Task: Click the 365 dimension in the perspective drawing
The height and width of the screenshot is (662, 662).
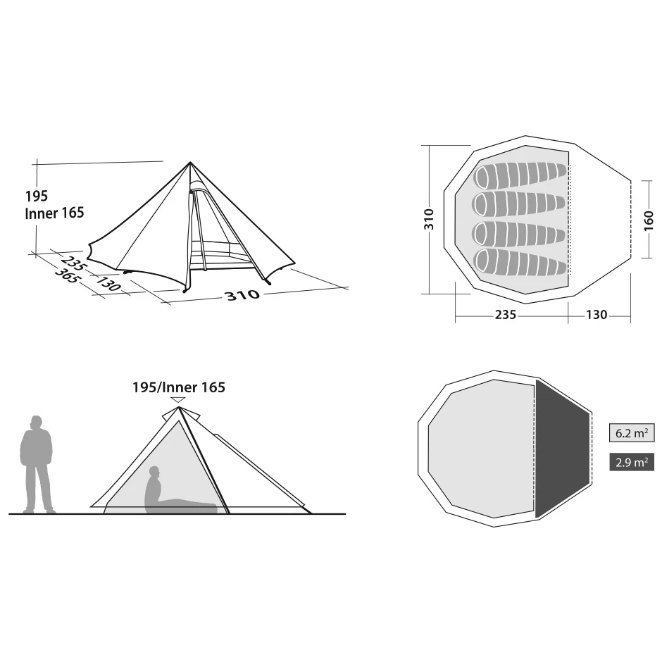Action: coord(68,275)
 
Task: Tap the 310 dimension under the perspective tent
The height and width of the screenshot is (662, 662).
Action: coord(243,294)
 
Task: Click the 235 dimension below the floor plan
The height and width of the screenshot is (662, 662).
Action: coord(506,315)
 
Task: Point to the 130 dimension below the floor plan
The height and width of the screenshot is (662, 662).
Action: coord(596,315)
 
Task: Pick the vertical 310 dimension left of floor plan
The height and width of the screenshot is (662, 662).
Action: coord(428,219)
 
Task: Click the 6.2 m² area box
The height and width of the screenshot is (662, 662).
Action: coord(632,432)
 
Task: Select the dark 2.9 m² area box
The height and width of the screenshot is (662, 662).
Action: coord(632,462)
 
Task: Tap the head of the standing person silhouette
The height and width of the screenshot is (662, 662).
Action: coord(37,423)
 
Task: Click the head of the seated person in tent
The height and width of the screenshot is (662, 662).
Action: coord(154,472)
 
